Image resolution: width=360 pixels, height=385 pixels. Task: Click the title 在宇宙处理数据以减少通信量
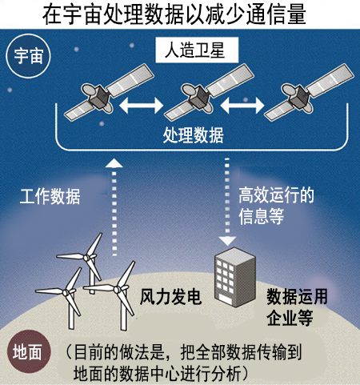174,14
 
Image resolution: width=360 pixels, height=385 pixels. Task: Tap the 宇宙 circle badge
28,56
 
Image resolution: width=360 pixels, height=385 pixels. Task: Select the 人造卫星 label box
197,50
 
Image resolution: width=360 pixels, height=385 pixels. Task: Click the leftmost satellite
109,92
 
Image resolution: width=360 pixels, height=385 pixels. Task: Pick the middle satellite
209,92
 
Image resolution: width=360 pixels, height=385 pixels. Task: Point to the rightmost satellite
309,92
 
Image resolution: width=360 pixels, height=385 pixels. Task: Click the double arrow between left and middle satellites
141,106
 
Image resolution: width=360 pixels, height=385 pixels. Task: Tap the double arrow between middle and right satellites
242,106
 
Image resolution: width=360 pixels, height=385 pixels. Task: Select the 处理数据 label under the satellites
193,135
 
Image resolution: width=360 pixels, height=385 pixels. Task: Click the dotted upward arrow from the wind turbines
114,207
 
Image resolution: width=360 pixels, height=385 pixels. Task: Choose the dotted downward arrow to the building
227,202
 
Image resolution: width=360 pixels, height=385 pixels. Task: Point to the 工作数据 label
50,197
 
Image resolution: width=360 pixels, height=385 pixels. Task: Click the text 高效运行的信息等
276,206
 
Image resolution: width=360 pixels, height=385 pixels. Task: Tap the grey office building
235,278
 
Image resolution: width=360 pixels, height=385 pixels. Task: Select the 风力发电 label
170,297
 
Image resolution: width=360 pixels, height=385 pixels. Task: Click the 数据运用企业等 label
297,307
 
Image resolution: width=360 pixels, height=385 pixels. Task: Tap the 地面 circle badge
28,352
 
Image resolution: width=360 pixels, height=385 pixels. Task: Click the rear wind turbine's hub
86,258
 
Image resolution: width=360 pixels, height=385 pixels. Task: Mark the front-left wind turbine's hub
65,292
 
